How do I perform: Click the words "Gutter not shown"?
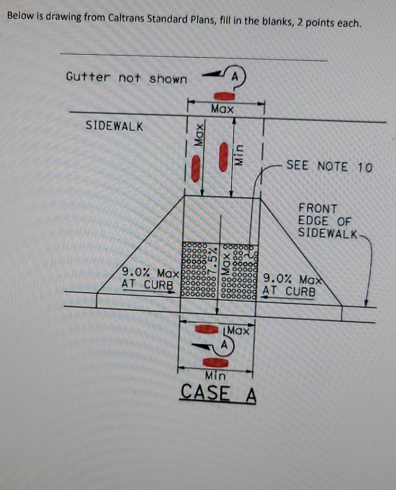coord(126,78)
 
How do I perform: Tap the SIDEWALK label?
coord(114,126)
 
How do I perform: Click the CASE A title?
coord(218,393)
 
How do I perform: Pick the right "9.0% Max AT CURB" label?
coord(290,286)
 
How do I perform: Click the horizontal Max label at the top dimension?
coord(222,109)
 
